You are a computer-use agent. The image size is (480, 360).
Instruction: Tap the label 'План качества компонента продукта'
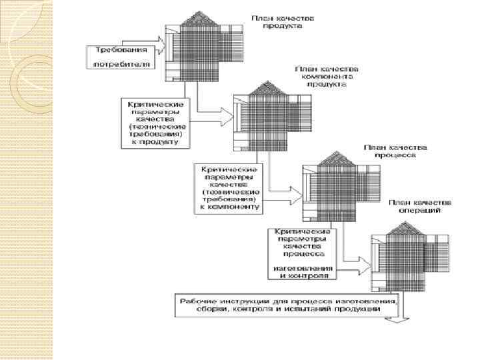pos(331,77)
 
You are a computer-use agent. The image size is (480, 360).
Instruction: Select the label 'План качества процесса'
pos(390,150)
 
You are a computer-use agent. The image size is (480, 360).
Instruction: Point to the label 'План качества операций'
pos(422,206)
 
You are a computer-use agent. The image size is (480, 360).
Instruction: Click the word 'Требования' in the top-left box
pos(118,50)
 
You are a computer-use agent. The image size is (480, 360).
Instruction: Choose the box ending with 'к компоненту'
pos(229,188)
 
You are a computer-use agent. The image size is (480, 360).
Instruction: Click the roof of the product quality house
pos(202,20)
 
